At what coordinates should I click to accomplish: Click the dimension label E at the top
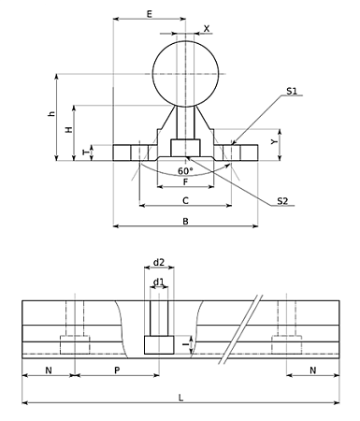point(150,14)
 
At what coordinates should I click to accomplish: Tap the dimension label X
point(207,29)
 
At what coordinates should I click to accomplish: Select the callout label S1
point(292,91)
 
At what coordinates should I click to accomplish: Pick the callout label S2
point(282,201)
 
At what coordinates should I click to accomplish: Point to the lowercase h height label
point(51,114)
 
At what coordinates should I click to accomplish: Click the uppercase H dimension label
point(69,129)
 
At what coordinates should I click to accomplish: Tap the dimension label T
point(86,152)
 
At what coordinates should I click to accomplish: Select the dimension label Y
point(274,142)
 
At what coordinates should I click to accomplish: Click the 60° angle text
point(185,171)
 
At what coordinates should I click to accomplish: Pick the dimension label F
point(185,181)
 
